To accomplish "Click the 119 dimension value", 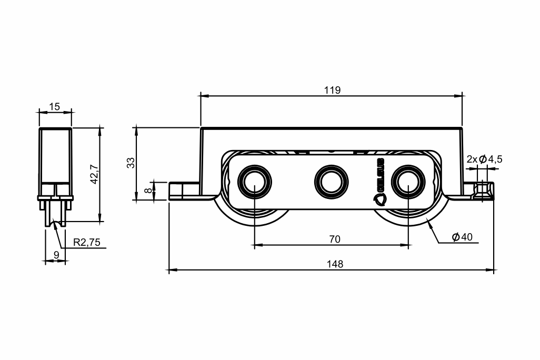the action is click(332, 90).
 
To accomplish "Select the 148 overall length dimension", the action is click(335, 264).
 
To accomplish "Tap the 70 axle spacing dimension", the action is click(335, 239).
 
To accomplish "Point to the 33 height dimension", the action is click(131, 163).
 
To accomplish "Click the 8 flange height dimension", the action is click(148, 190).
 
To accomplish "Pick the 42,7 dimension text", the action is click(94, 174).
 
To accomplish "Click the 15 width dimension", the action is click(54, 107).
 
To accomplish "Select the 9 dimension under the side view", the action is click(56, 255).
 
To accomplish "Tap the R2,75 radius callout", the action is click(87, 242).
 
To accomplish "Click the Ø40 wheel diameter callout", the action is click(462, 237).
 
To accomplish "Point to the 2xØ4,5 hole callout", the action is click(485, 159).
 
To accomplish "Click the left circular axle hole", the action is click(255, 182).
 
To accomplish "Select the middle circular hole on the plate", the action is click(331, 182).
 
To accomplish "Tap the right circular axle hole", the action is click(408, 182).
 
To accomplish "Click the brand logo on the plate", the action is click(380, 182).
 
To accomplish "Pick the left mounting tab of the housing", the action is click(184, 191).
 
